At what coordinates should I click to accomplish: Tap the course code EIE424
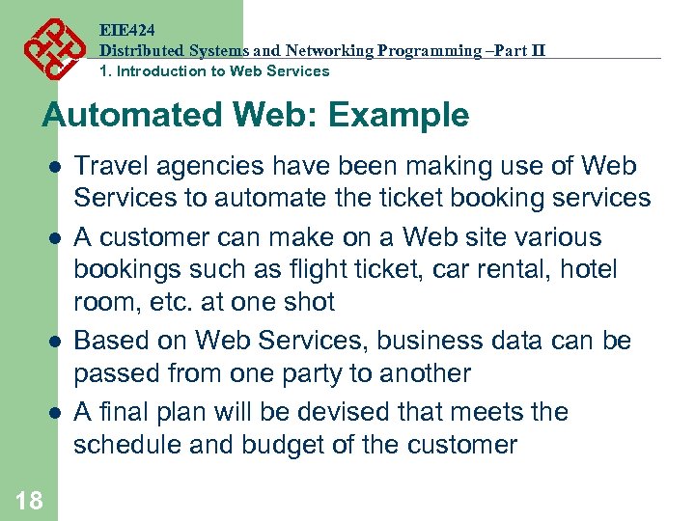click(126, 30)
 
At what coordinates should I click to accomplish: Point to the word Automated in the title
click(131, 116)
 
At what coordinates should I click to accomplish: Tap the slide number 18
click(29, 499)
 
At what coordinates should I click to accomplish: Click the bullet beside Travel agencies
click(56, 166)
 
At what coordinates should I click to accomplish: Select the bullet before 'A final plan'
click(56, 412)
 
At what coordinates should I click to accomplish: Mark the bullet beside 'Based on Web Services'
click(56, 341)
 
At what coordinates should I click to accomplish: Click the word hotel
click(585, 269)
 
